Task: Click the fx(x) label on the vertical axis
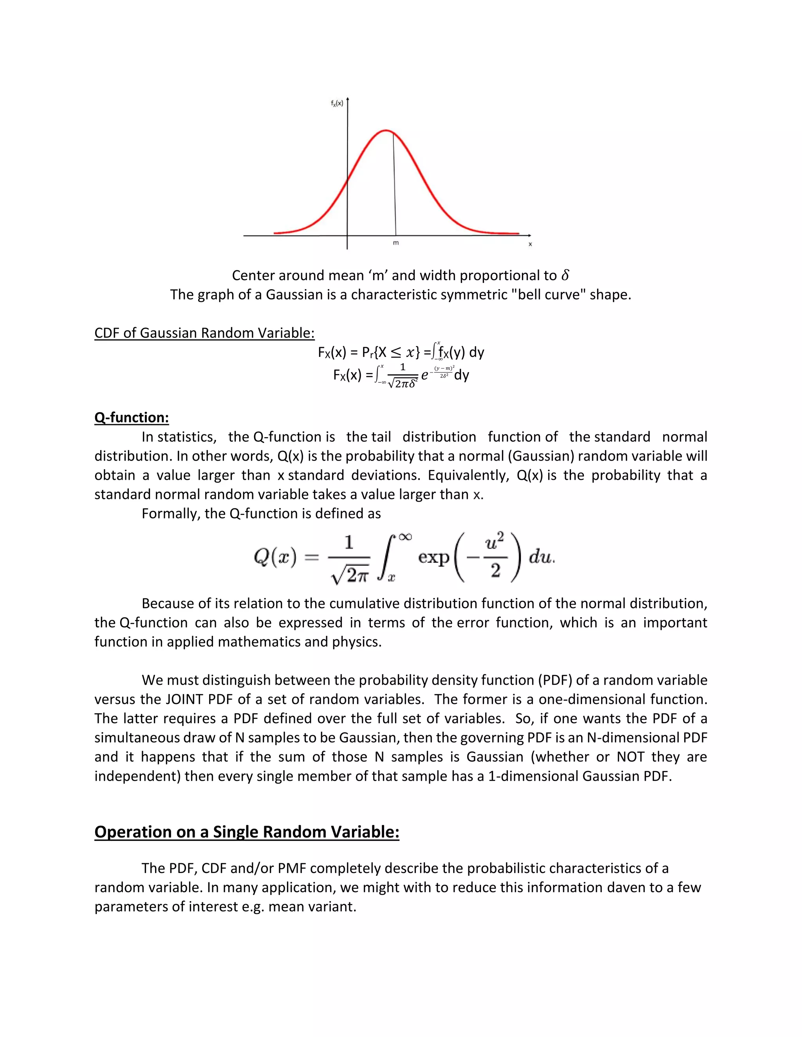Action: coord(337,104)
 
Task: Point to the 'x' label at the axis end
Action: coord(530,244)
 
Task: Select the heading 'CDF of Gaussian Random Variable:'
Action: coord(204,333)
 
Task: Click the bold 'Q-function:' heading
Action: coord(132,418)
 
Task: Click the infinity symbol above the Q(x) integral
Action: coord(405,537)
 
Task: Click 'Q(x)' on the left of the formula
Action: coord(275,556)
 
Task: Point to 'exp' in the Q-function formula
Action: coord(434,556)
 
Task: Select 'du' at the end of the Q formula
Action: coord(541,556)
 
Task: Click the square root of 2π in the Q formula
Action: coord(350,575)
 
